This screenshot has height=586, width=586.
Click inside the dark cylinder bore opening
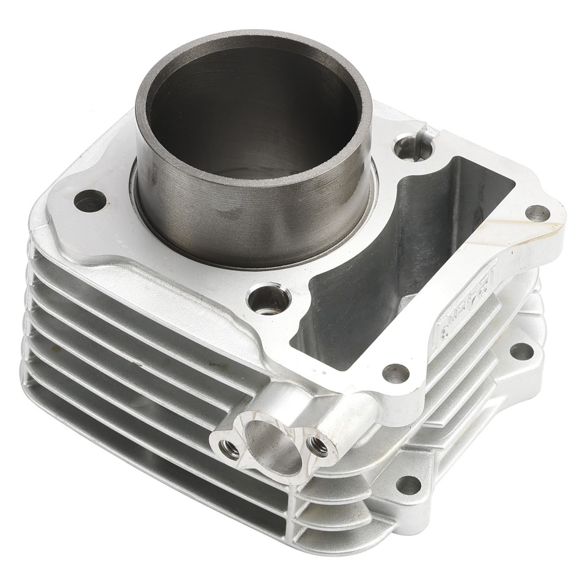click(x=253, y=116)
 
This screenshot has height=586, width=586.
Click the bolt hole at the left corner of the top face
click(x=90, y=200)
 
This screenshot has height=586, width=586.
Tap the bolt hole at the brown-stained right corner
click(x=537, y=214)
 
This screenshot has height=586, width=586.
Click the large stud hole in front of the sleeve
click(x=269, y=299)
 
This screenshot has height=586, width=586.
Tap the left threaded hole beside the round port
click(x=230, y=450)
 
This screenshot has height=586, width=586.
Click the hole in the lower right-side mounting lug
click(x=521, y=351)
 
